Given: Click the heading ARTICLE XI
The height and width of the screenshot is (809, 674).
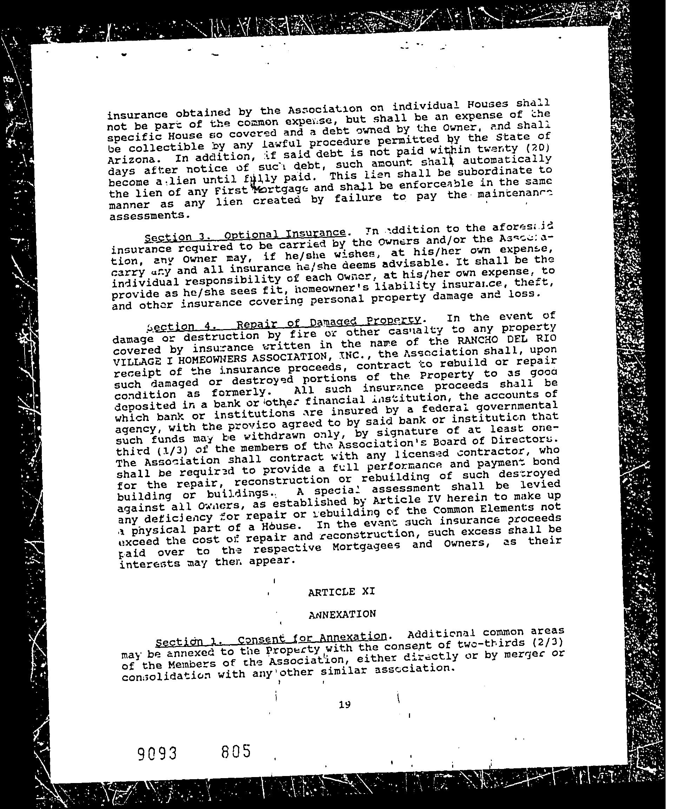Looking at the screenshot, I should pyautogui.click(x=341, y=591).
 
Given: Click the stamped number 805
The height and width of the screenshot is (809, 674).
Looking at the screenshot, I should pyautogui.click(x=236, y=751).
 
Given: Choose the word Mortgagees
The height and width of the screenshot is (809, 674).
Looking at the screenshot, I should pyautogui.click(x=366, y=546).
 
